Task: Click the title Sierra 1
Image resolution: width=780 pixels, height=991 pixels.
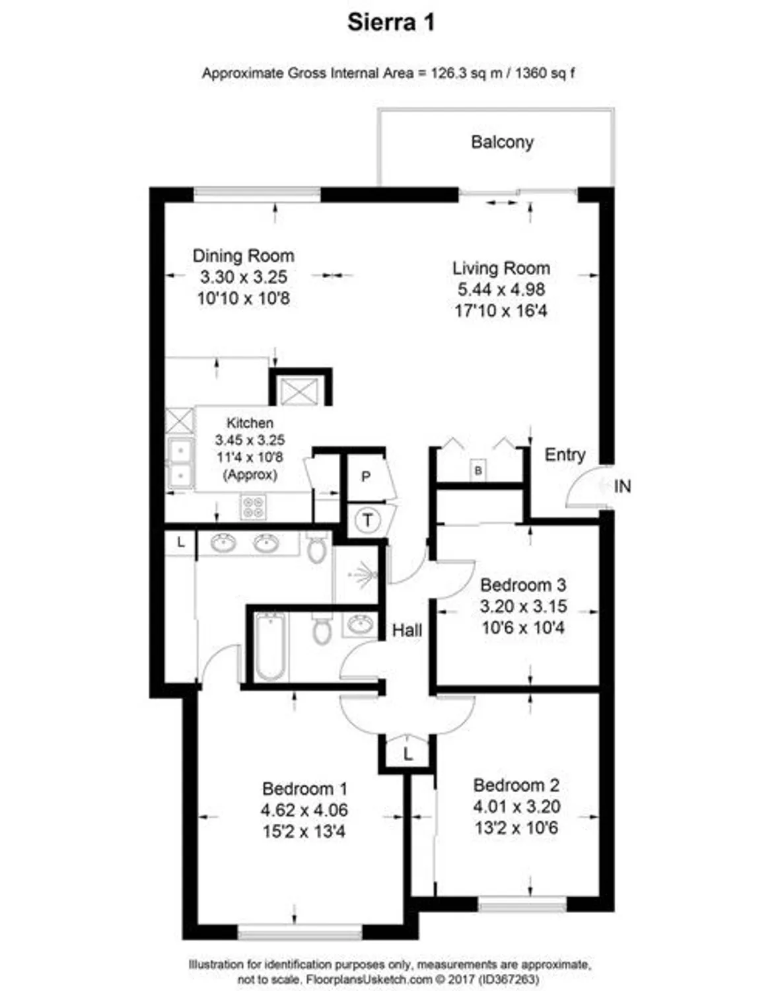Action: pyautogui.click(x=391, y=22)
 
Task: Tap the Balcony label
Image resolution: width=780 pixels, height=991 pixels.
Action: pyautogui.click(x=502, y=142)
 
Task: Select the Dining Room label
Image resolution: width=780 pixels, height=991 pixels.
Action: pyautogui.click(x=243, y=256)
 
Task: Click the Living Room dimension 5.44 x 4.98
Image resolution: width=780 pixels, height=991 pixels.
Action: pyautogui.click(x=501, y=289)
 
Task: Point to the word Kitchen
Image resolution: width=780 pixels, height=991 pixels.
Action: pyautogui.click(x=250, y=423)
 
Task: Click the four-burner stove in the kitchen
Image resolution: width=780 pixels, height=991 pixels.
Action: pyautogui.click(x=253, y=506)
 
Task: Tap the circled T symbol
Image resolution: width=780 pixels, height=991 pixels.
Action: pyautogui.click(x=368, y=520)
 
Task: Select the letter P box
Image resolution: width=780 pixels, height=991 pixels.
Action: pyautogui.click(x=366, y=476)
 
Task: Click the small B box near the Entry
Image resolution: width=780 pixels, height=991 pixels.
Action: pyautogui.click(x=479, y=470)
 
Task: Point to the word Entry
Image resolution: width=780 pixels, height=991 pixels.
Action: pyautogui.click(x=565, y=455)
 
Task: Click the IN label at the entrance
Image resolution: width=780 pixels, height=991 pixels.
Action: pyautogui.click(x=622, y=486)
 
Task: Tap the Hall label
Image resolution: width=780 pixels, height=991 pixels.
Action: pyautogui.click(x=407, y=630)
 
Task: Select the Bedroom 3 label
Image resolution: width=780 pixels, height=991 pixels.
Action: pyautogui.click(x=522, y=585)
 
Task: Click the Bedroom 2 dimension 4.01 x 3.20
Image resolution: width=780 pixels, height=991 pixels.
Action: pyautogui.click(x=516, y=807)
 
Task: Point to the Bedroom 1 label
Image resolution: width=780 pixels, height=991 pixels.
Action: pyautogui.click(x=304, y=789)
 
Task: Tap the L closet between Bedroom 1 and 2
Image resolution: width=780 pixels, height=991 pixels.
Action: pyautogui.click(x=408, y=754)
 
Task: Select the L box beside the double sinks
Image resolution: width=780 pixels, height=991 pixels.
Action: pyautogui.click(x=180, y=543)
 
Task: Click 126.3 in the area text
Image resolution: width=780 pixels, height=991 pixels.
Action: pyautogui.click(x=448, y=73)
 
